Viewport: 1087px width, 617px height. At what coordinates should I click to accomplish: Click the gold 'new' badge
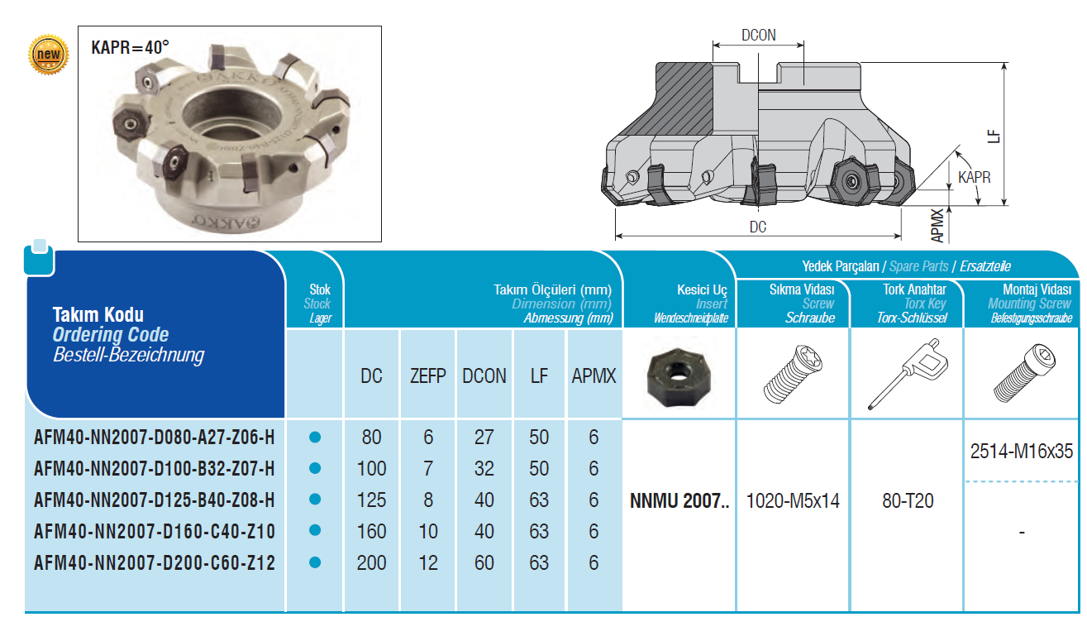tap(49, 55)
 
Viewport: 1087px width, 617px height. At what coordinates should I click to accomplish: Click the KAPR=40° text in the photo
tap(130, 48)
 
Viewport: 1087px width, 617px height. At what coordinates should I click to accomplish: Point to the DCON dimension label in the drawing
tap(759, 35)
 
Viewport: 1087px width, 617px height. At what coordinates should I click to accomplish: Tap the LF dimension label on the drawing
tap(994, 136)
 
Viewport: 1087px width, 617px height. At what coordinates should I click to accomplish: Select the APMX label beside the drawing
tap(937, 226)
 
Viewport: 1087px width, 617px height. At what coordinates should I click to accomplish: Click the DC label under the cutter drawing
tap(758, 227)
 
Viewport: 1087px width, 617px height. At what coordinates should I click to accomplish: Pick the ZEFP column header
tap(427, 376)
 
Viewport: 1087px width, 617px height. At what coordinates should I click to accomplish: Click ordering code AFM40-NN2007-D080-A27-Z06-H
tap(155, 438)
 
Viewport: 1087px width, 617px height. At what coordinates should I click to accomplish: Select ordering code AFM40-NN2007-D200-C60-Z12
tap(155, 563)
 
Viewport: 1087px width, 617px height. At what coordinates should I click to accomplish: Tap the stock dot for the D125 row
tap(315, 499)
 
